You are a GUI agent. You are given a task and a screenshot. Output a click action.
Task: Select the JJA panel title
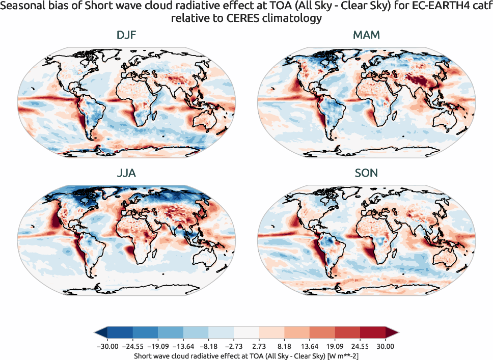pyautogui.click(x=126, y=173)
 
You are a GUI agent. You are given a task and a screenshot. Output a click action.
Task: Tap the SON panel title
pyautogui.click(x=366, y=173)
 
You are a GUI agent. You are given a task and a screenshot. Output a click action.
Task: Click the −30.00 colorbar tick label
pyautogui.click(x=106, y=346)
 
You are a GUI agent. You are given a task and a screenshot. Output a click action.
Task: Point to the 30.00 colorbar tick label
pyautogui.click(x=386, y=346)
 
